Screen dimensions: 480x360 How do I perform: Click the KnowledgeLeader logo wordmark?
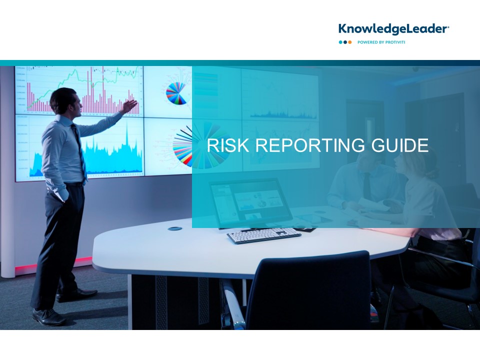pos(393,29)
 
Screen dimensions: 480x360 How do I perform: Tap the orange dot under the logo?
pos(350,42)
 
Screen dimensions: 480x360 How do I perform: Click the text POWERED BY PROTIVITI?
pos(381,42)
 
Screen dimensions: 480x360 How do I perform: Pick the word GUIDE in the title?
pos(400,145)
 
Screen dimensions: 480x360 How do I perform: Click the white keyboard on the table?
pos(263,235)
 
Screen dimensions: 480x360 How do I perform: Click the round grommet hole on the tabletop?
pos(175,228)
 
